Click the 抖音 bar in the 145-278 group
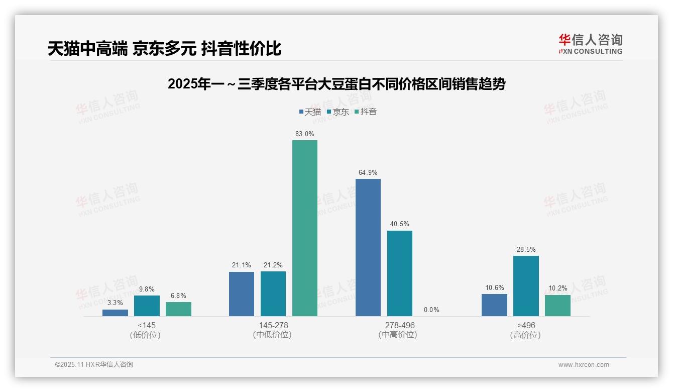(x=305, y=228)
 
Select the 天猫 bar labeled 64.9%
(x=368, y=247)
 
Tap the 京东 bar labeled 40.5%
(x=400, y=273)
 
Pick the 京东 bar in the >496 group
(x=526, y=286)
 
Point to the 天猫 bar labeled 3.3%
(x=115, y=313)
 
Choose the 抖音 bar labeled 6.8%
(x=178, y=309)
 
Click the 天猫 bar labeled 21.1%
(x=242, y=294)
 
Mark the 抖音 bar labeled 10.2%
(x=557, y=306)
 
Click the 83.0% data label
(x=305, y=134)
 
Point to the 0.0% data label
(x=431, y=310)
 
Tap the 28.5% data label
(x=526, y=250)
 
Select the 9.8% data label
(x=147, y=289)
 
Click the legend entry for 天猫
(x=310, y=112)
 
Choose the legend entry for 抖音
(x=366, y=112)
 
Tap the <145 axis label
(x=147, y=325)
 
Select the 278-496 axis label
(x=400, y=325)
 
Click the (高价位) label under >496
(x=526, y=335)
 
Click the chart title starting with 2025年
(x=336, y=84)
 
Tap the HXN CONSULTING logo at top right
(x=590, y=44)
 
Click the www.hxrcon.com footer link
(x=584, y=365)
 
